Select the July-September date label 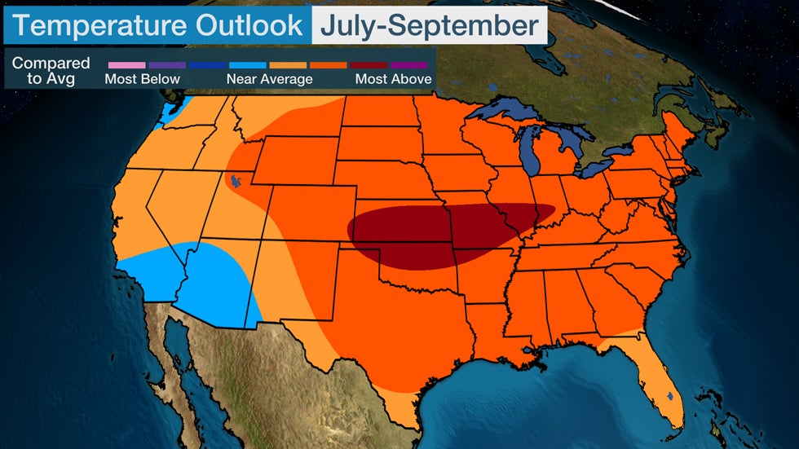429,25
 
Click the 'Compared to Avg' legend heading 51,71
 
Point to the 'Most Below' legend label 142,79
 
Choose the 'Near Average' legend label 270,79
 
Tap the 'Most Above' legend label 393,79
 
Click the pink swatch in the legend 126,64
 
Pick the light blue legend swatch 248,64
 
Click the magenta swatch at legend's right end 410,64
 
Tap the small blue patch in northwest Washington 171,112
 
